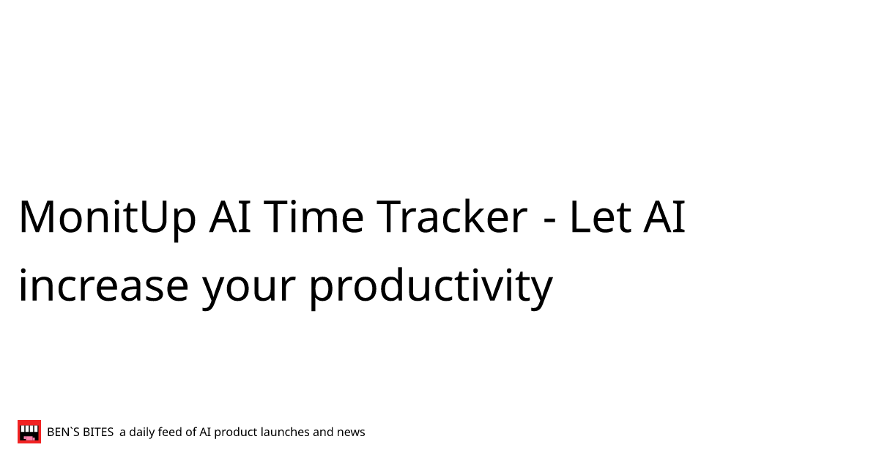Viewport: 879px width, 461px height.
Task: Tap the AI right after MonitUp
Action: coord(230,217)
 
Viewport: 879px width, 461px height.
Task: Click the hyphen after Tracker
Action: coord(549,222)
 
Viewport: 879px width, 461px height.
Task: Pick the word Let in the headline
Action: coord(600,217)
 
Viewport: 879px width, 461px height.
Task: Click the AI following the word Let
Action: coord(664,217)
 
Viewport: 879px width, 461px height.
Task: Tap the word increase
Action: coord(103,285)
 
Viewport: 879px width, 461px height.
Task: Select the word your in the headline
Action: coord(248,290)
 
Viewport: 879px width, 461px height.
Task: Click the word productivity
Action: coord(431,288)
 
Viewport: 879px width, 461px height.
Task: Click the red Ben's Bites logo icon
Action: coord(29,432)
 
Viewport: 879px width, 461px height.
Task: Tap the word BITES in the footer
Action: coord(98,432)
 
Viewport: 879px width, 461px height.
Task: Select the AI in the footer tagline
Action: coord(205,432)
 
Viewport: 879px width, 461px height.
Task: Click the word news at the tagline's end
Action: coord(351,433)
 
